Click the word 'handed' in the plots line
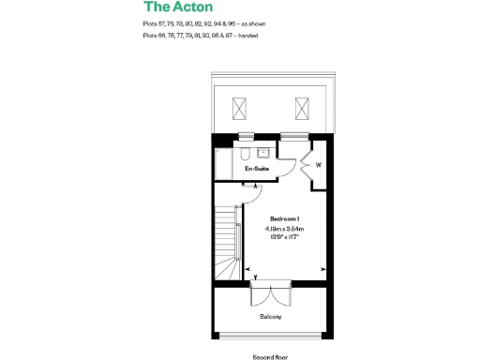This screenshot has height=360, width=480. click(x=247, y=36)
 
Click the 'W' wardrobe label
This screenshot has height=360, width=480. click(x=318, y=167)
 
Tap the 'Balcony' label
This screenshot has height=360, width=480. click(x=271, y=316)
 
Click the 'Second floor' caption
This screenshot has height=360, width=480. click(x=271, y=356)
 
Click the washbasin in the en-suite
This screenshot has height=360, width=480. click(x=263, y=152)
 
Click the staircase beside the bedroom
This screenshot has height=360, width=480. click(x=225, y=241)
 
